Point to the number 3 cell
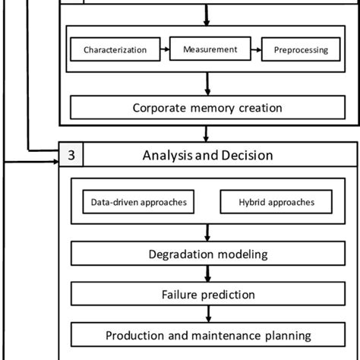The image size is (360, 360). (71, 156)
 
